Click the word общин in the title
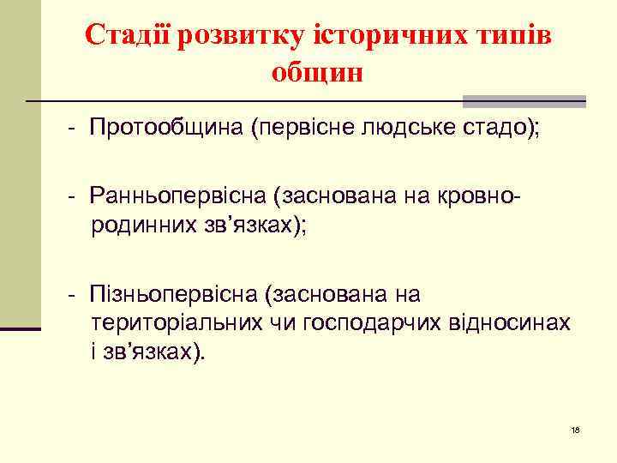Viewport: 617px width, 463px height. pos(317,73)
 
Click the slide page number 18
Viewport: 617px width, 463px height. pos(575,430)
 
